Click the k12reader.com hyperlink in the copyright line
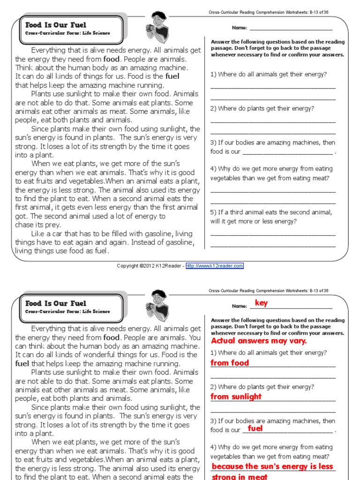215,266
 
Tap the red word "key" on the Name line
261,303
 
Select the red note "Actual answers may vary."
259,341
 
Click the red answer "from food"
230,363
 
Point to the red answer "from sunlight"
236,397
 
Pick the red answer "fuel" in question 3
255,428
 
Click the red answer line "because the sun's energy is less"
272,466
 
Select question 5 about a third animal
271,217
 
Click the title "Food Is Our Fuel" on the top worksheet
56,25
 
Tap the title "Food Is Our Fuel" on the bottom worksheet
56,303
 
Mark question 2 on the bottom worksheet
262,387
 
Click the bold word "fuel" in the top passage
172,76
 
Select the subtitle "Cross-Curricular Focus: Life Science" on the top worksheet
67,33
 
